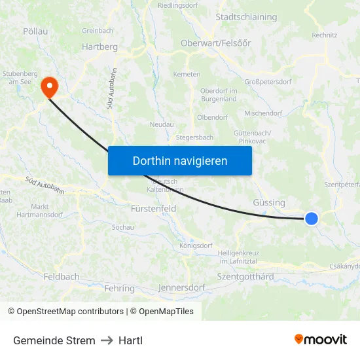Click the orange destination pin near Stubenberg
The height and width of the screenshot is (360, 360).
[49, 86]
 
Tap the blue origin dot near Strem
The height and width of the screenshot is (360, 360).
[312, 219]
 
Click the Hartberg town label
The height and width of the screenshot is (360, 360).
[99, 47]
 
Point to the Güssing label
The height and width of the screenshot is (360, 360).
[269, 203]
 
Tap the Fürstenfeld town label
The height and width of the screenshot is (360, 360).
[154, 209]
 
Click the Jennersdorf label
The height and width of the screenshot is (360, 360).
[181, 287]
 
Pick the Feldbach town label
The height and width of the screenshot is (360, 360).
[62, 277]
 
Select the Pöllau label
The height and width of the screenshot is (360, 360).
[35, 31]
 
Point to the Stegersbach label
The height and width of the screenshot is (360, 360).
[194, 138]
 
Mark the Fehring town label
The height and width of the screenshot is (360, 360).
[119, 288]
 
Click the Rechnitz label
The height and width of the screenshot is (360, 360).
[324, 35]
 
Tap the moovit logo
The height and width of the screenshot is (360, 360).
[320, 339]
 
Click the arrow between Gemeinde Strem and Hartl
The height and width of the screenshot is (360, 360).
[107, 340]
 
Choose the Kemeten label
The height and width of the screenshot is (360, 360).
[187, 74]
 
